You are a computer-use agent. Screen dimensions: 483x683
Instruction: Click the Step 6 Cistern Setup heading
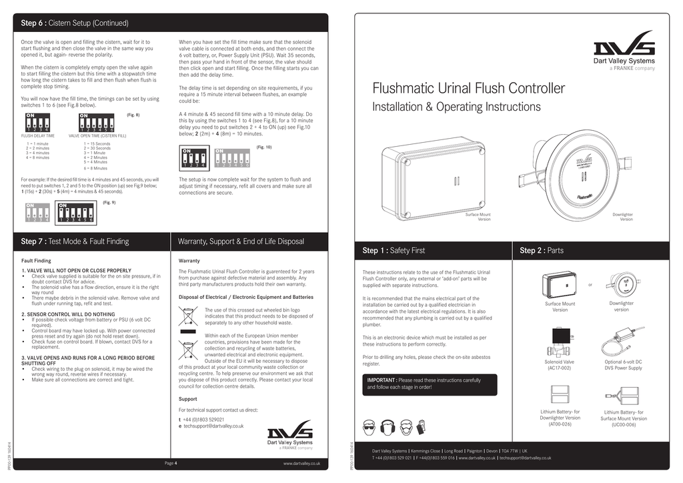click(x=75, y=23)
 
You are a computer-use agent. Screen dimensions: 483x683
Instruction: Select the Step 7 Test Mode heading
click(x=75, y=241)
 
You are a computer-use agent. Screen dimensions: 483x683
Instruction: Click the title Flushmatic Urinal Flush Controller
click(x=468, y=89)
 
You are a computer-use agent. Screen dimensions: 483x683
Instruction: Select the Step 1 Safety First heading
click(x=394, y=251)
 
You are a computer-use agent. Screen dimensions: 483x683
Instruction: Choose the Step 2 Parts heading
click(x=541, y=251)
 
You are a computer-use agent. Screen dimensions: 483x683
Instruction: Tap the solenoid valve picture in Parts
click(x=559, y=343)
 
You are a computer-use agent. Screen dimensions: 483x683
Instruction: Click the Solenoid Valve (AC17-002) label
click(x=559, y=364)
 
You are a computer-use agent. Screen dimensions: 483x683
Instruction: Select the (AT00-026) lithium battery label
click(x=560, y=424)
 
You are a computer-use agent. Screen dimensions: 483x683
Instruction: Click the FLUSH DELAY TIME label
click(x=38, y=135)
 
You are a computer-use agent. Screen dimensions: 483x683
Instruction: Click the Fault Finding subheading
click(x=37, y=260)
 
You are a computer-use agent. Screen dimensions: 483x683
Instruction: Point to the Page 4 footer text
click(x=171, y=462)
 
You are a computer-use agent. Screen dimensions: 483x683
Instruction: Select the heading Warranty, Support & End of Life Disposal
click(x=241, y=241)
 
